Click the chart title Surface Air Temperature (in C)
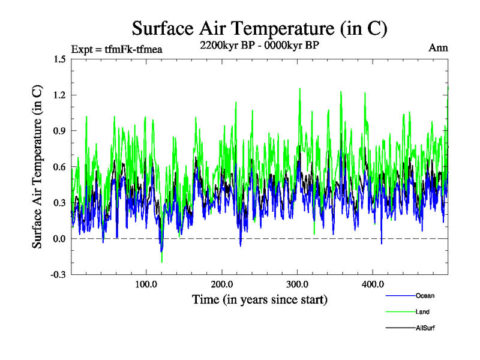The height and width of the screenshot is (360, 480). tap(259, 28)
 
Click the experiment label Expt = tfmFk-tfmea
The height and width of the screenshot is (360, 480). tap(117, 49)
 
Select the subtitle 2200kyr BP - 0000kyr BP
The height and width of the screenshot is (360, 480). tap(259, 46)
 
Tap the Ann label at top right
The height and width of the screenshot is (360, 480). tap(438, 48)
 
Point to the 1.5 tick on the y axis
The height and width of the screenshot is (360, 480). tap(59, 59)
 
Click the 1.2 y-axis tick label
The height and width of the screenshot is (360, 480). tap(59, 95)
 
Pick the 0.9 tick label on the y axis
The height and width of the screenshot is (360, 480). tap(59, 131)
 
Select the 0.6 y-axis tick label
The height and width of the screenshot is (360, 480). tap(59, 167)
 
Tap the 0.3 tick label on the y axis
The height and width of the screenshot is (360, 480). tap(59, 203)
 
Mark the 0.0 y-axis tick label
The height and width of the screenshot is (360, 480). tap(59, 239)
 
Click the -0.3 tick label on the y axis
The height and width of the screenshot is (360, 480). tap(58, 275)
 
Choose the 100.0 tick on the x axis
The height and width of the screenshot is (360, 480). tap(146, 284)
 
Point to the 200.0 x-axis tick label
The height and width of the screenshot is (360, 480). tap(222, 284)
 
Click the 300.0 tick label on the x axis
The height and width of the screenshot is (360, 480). tap(298, 284)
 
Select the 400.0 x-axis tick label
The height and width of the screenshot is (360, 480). tap(373, 284)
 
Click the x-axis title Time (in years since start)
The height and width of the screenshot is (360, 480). tap(259, 299)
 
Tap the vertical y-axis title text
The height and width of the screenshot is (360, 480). tap(37, 167)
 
